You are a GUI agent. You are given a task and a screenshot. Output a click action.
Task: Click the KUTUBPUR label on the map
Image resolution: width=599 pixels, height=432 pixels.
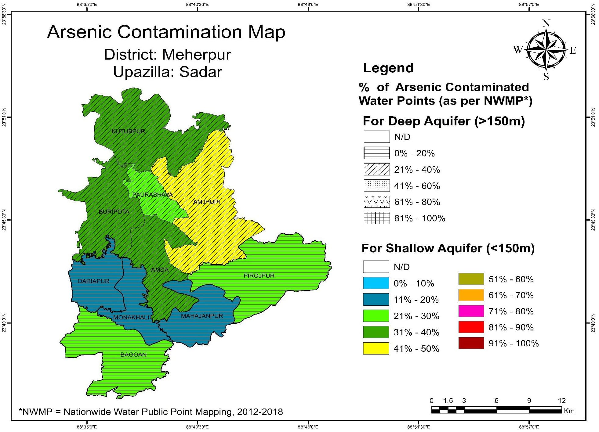coord(128,131)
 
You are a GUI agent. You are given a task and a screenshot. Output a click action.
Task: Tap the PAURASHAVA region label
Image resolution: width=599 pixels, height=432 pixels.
coord(153,195)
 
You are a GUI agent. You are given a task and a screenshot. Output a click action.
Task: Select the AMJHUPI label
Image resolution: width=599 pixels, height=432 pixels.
coord(207,202)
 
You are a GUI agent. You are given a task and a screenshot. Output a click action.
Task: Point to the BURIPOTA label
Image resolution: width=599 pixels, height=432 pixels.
coord(114,212)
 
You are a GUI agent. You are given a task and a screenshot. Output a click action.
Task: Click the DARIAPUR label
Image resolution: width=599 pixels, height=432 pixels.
coord(93,281)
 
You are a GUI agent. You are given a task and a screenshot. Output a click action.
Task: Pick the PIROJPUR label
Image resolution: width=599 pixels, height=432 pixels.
coord(259,276)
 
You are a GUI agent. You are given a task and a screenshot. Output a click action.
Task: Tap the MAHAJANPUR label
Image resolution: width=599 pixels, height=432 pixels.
coord(202,316)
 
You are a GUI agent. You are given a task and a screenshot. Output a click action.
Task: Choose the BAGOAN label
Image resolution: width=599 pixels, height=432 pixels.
coord(133,355)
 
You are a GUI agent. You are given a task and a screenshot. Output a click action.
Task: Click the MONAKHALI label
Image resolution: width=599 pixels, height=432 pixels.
coord(131,318)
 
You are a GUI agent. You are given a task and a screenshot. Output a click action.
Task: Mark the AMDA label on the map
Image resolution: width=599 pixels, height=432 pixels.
coord(160,270)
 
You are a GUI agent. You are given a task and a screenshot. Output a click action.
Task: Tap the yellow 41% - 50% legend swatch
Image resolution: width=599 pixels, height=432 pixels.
coord(376,348)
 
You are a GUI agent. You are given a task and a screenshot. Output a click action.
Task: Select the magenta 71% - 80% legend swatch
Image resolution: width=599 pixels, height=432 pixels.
coord(471,311)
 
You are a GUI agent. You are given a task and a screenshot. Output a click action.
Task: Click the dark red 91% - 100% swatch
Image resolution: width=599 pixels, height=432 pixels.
coord(471,343)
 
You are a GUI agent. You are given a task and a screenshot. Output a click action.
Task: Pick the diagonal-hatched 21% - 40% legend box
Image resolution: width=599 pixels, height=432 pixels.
coord(376,169)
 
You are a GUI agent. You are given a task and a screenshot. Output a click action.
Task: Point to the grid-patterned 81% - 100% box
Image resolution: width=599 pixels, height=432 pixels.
coord(376,218)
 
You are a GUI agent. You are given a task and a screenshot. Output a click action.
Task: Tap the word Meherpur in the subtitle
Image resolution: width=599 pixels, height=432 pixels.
coord(196,55)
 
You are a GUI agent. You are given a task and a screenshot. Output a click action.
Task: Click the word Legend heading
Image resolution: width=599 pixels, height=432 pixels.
coord(388,68)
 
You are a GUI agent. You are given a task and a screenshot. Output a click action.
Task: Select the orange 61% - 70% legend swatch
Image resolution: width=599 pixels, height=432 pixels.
coord(471,295)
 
